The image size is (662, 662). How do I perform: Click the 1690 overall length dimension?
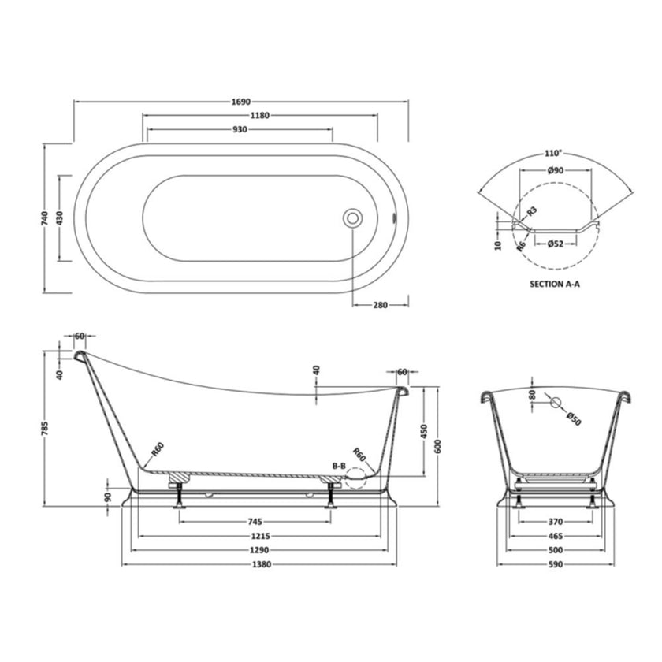[x=241, y=102]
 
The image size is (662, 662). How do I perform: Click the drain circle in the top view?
[x=352, y=218]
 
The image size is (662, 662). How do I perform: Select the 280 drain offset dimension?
[x=380, y=305]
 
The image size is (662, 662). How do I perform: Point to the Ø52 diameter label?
[x=556, y=244]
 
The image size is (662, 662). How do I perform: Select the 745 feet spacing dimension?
[x=255, y=521]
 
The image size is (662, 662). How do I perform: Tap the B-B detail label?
[x=340, y=467]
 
